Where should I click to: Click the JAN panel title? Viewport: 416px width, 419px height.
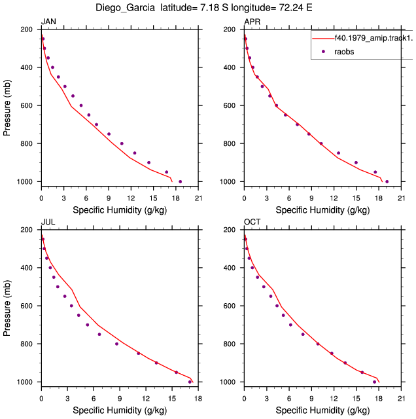[x=48, y=22]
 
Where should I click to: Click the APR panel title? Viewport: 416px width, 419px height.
[x=252, y=22]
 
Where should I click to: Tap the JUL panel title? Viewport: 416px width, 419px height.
[x=48, y=222]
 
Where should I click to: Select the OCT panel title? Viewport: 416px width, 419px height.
[x=252, y=222]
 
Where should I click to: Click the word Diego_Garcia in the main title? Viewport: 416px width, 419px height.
[x=125, y=8]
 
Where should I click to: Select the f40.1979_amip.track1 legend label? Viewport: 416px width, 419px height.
[x=373, y=38]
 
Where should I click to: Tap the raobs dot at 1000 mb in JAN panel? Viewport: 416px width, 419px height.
[x=181, y=182]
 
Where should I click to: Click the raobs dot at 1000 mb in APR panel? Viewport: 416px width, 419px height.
[x=387, y=182]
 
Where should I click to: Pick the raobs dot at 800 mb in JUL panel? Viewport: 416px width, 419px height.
[x=116, y=344]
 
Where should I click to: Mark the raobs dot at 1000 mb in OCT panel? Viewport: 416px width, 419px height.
[x=374, y=382]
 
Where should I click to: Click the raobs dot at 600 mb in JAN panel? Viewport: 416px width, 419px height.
[x=81, y=105]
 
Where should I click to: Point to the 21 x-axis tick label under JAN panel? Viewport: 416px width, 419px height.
[x=198, y=198]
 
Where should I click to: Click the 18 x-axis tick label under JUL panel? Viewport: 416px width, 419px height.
[x=198, y=399]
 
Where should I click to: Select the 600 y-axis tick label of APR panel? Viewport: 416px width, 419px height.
[x=230, y=105]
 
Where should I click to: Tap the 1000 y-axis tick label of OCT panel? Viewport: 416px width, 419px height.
[x=228, y=382]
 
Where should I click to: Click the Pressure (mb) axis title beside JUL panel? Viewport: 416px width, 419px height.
[x=7, y=308]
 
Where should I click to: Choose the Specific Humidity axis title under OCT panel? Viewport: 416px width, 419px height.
[x=322, y=410]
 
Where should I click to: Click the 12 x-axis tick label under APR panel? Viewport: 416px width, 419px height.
[x=334, y=198]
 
